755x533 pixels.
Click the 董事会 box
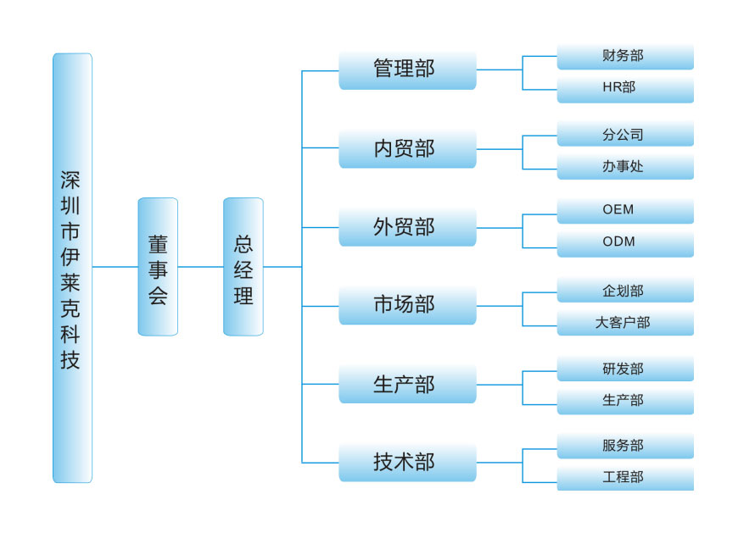(158, 267)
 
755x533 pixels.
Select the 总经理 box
(243, 267)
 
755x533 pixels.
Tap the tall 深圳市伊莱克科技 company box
(72, 268)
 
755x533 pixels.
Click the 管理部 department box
(407, 69)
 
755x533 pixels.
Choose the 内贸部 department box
(407, 148)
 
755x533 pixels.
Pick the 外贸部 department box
(407, 227)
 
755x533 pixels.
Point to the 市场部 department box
(407, 305)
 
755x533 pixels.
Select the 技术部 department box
(407, 463)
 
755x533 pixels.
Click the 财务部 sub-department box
(625, 56)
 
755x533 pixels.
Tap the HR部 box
(625, 87)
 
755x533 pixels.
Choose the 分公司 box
(625, 135)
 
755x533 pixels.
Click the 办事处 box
(625, 166)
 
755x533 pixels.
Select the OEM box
(625, 210)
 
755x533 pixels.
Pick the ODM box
(625, 242)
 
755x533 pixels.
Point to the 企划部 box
(625, 291)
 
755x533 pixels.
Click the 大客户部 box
(625, 322)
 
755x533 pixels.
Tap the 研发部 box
(625, 369)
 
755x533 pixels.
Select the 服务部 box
(625, 446)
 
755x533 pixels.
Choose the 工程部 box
(625, 477)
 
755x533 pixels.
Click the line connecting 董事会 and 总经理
(201, 267)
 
